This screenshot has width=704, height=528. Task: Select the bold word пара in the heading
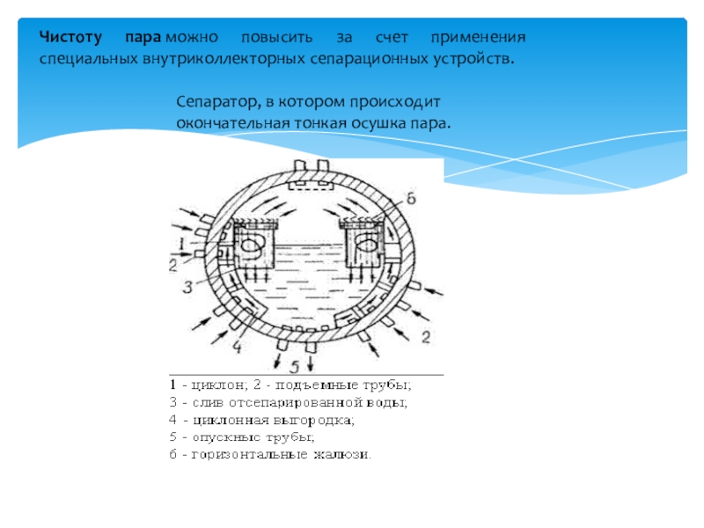[139, 39]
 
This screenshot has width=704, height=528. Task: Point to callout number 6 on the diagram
[410, 197]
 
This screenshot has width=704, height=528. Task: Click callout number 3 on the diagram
[187, 287]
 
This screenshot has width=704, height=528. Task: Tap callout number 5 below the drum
[296, 365]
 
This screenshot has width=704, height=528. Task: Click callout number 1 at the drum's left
[180, 240]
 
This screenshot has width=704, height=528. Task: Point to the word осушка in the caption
[373, 122]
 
